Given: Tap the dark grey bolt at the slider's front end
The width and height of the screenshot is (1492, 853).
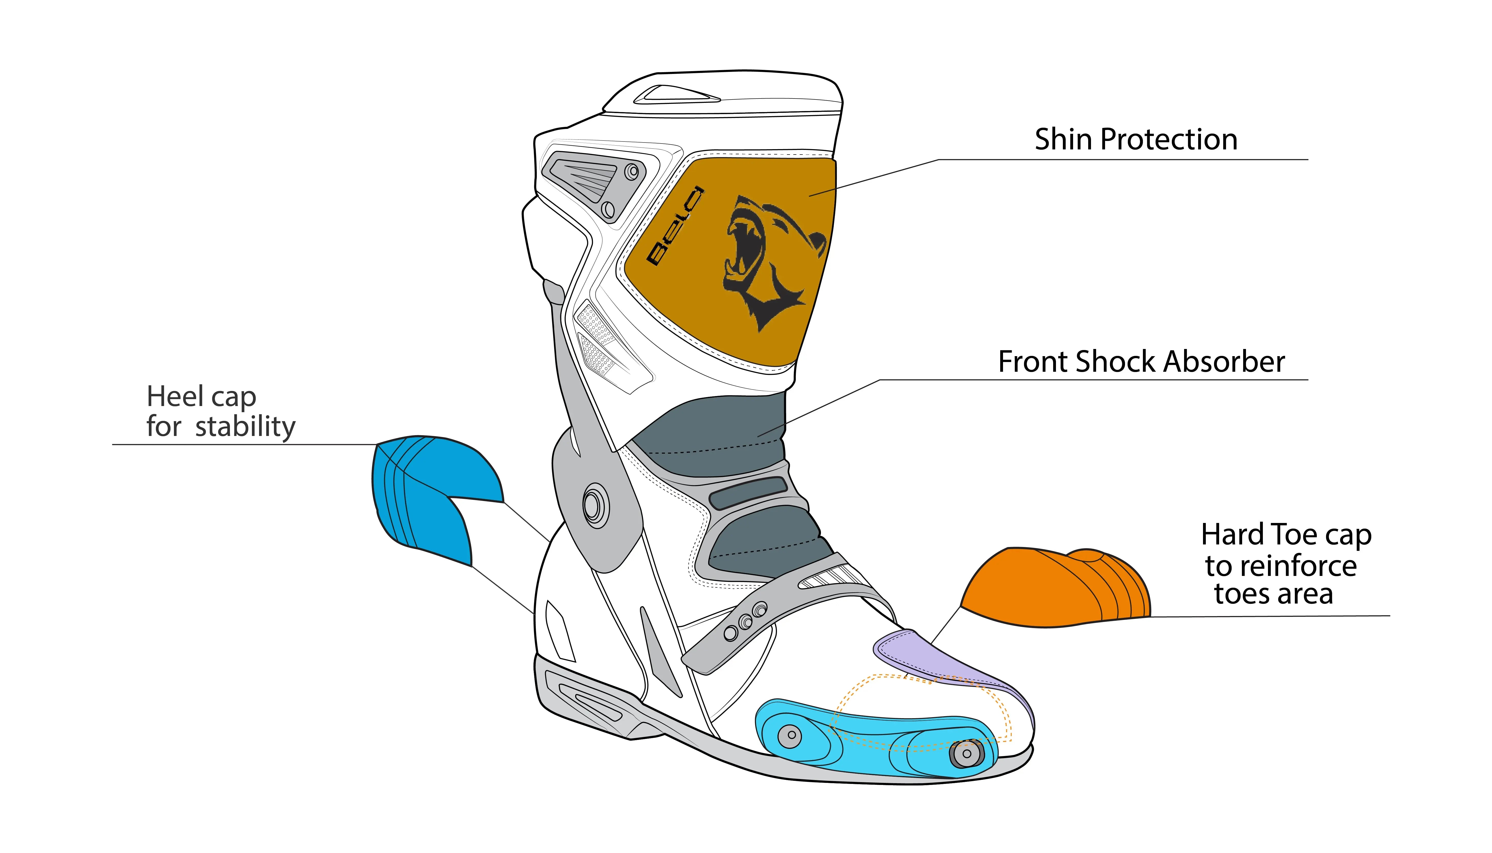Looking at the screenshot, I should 966,753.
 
